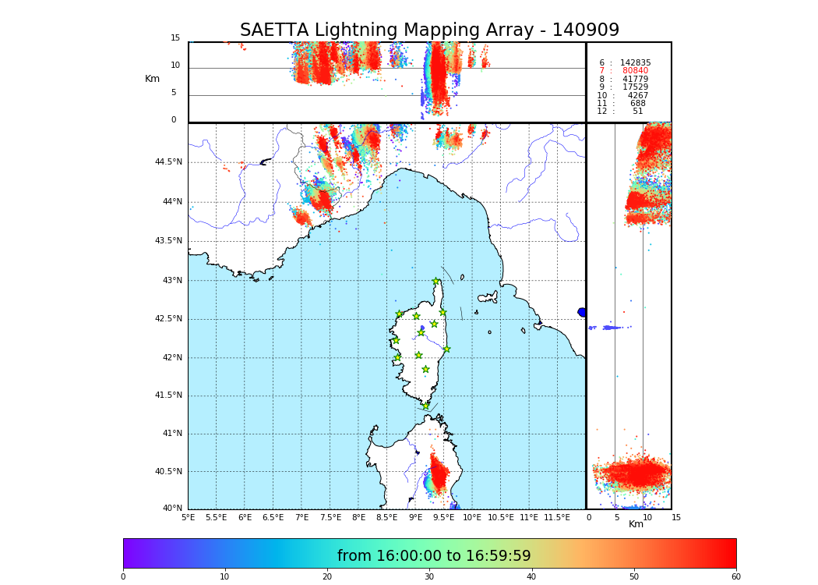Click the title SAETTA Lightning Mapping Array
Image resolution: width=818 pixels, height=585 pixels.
[429, 30]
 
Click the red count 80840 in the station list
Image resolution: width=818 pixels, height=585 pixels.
[635, 71]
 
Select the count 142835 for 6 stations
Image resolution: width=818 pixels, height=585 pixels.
[635, 63]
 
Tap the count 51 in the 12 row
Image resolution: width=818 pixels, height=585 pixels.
[637, 112]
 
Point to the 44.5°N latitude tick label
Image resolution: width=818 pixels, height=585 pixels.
[168, 162]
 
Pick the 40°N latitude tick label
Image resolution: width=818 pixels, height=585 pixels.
[172, 509]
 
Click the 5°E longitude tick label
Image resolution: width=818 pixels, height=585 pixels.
[188, 517]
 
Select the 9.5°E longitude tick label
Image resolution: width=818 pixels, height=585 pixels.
[443, 517]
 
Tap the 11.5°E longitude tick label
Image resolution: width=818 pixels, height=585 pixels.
[556, 517]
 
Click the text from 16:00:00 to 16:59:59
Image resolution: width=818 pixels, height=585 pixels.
[434, 556]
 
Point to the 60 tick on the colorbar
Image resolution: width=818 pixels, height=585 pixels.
[735, 576]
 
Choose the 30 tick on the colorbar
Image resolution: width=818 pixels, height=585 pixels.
[429, 576]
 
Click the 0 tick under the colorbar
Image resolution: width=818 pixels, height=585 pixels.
[123, 576]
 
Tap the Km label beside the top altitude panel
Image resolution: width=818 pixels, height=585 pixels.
[153, 79]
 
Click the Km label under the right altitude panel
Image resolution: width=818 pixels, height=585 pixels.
[636, 524]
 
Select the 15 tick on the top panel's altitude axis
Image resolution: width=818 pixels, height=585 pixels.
[175, 38]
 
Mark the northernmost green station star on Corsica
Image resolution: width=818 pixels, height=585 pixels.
[436, 282]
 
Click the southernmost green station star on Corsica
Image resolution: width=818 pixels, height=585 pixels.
[425, 406]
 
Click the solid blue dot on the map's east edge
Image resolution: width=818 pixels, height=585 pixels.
[582, 312]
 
